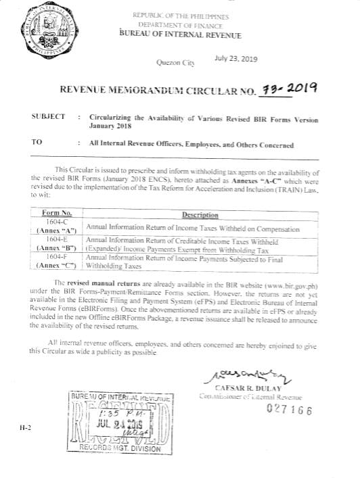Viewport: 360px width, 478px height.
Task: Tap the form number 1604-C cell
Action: (57, 222)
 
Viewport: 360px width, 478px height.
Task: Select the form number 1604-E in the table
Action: (57, 239)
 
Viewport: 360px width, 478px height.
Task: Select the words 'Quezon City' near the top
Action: (175, 63)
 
